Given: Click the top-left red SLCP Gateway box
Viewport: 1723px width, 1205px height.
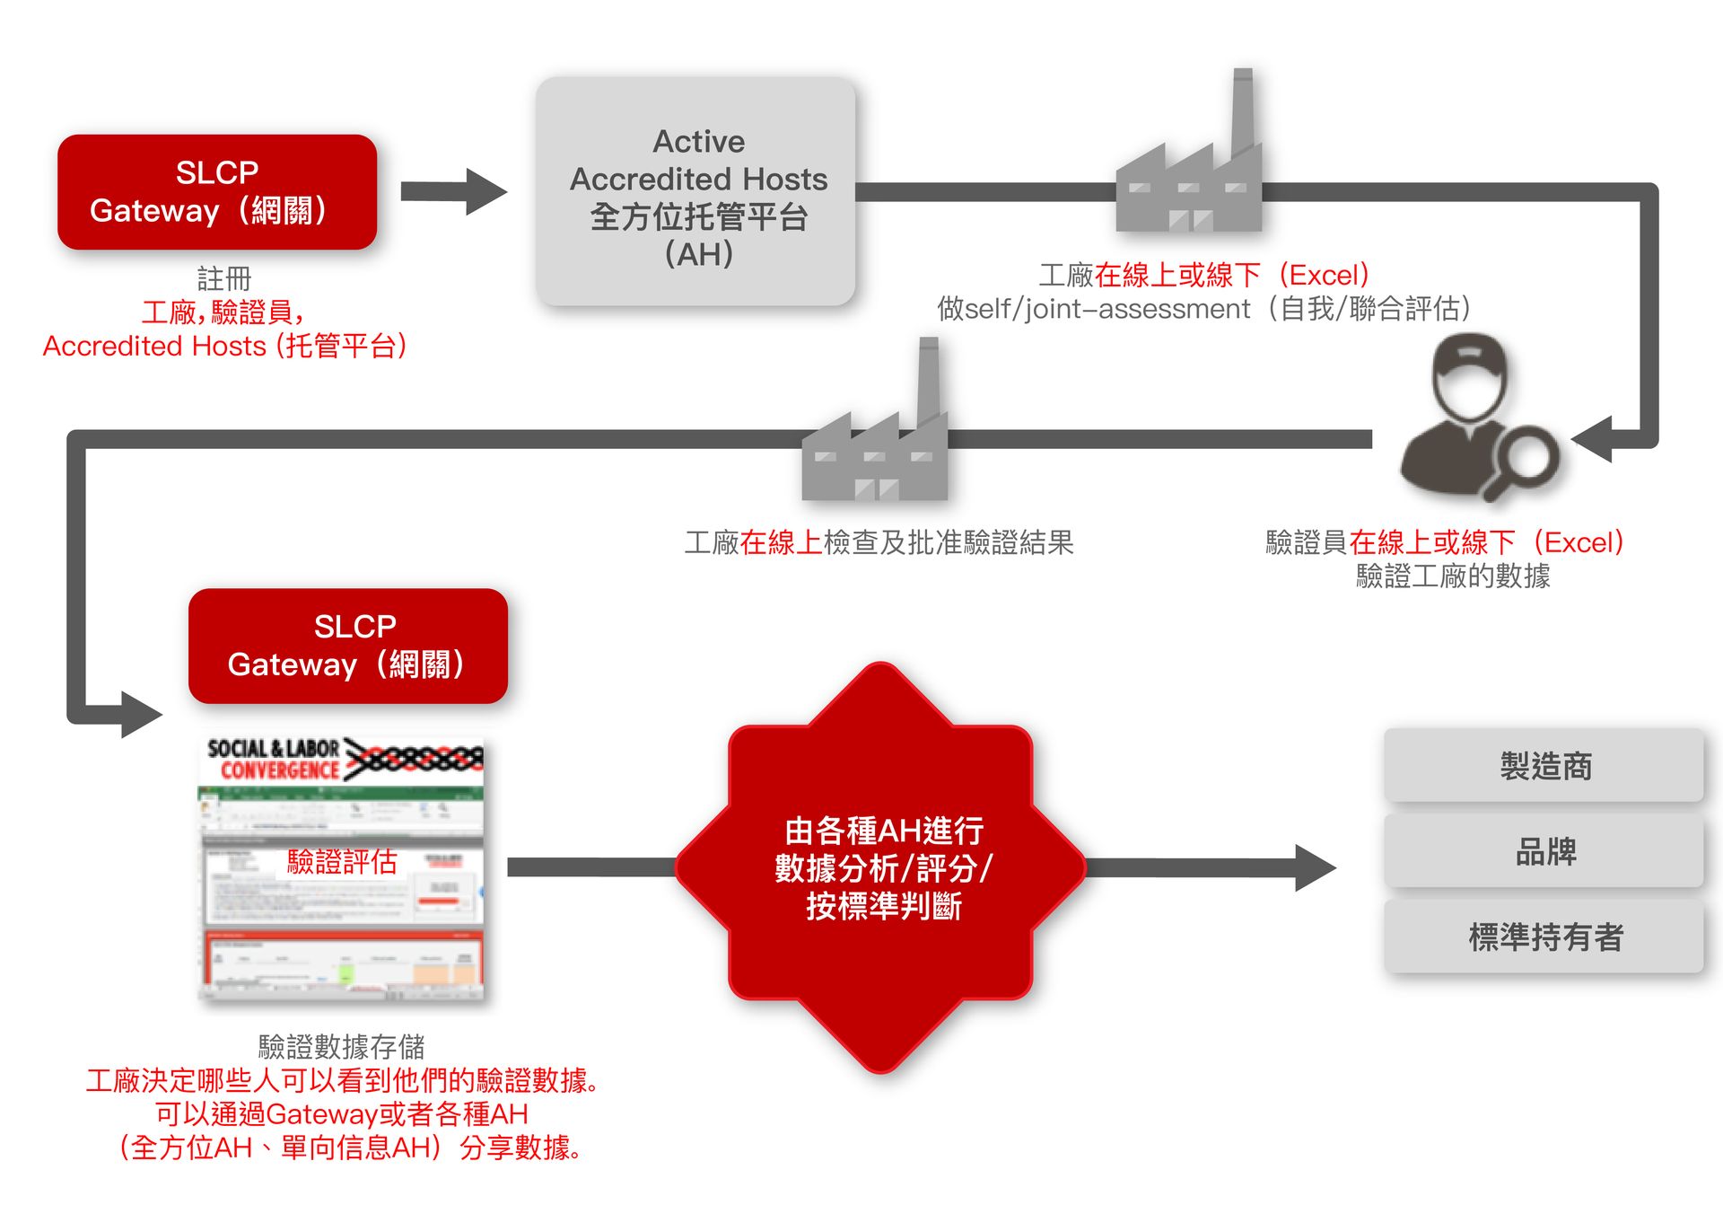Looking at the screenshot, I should point(217,191).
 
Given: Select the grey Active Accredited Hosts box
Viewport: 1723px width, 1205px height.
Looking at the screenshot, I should point(696,192).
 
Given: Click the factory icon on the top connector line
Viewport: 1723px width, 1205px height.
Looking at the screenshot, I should point(1188,180).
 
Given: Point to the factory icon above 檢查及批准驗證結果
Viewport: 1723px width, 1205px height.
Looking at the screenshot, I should point(874,449).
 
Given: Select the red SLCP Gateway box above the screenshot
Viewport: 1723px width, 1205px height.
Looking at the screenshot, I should point(348,646).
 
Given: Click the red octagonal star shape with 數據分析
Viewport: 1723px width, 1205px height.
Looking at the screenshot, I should point(881,867).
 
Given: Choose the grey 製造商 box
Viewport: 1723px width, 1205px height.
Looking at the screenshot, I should point(1544,766).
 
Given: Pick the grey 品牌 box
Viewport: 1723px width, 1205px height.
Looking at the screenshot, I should point(1544,851).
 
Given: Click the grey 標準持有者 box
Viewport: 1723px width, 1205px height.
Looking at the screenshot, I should point(1544,937).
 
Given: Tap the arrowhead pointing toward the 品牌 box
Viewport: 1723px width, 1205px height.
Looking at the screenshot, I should point(1315,867).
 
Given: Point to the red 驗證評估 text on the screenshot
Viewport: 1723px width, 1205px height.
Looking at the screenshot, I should point(342,862).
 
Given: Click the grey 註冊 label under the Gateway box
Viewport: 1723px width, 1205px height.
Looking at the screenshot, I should point(224,278).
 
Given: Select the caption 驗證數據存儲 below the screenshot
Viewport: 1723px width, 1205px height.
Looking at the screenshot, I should point(342,1046).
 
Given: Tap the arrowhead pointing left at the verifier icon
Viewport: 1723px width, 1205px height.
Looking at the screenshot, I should point(1593,440).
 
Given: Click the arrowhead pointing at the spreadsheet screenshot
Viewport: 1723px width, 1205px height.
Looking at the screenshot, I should point(141,715).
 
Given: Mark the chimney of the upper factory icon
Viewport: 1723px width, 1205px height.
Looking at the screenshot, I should point(1242,112).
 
